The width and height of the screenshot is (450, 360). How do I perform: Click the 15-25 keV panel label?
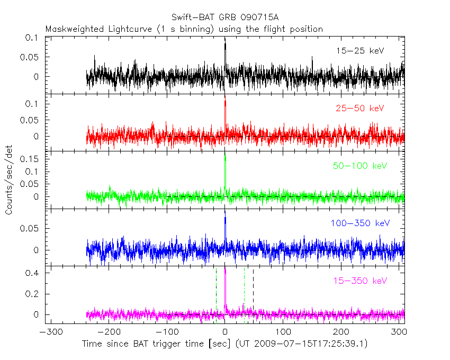click(359, 51)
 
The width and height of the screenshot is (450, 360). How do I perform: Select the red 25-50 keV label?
click(359, 109)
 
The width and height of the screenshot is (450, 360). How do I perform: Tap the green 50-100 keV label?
click(359, 166)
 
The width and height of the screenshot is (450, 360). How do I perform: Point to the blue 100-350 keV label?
click(360, 223)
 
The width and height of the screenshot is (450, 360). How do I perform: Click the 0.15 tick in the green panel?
click(32, 159)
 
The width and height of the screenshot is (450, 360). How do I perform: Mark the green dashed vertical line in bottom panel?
click(216, 294)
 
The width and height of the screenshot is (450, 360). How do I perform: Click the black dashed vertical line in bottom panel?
click(253, 294)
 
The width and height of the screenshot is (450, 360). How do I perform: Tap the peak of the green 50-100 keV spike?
click(225, 157)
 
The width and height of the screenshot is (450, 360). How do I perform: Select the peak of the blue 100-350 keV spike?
click(225, 217)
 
